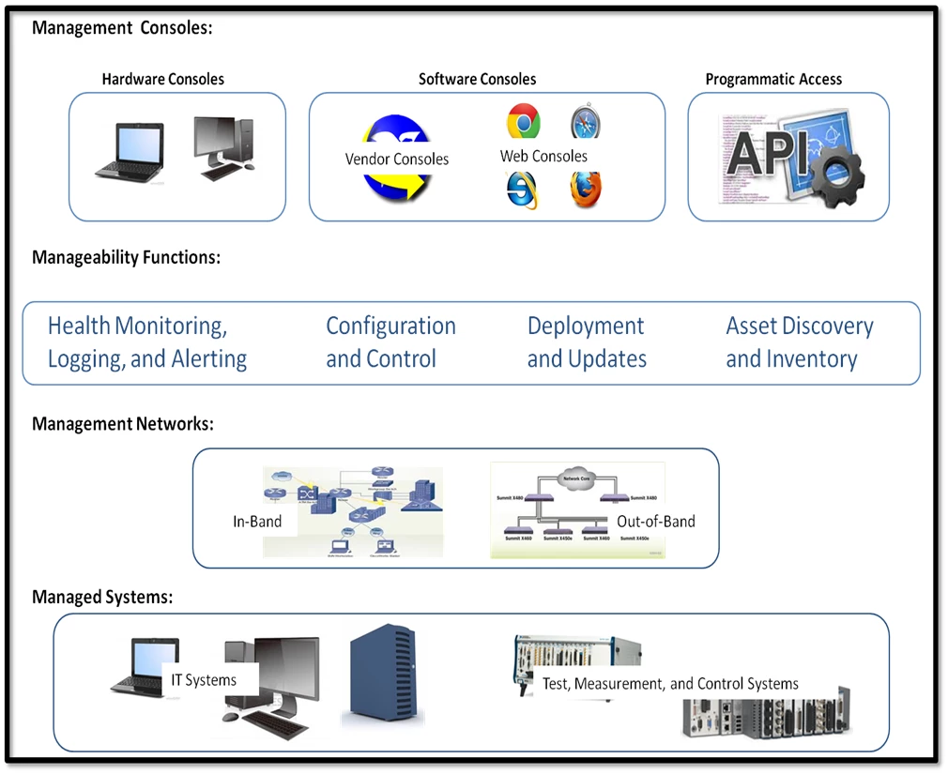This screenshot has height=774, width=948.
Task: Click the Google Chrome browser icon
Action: (x=523, y=122)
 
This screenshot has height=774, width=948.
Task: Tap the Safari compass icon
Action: (x=586, y=123)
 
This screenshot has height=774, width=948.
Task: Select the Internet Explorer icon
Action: (x=522, y=190)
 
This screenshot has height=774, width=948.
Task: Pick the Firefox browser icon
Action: (x=586, y=190)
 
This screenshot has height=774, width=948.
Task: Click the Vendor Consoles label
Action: (x=396, y=159)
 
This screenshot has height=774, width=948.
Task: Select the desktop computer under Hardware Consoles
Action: (x=222, y=148)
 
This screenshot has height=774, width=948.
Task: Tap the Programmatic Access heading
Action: (x=773, y=80)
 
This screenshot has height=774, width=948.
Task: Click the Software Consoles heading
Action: (x=477, y=80)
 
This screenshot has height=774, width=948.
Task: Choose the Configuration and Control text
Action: (x=390, y=342)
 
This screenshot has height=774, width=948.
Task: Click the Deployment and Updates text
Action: (x=587, y=342)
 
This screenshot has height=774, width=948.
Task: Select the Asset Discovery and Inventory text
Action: (x=799, y=342)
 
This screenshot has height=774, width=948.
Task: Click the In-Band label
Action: (x=257, y=521)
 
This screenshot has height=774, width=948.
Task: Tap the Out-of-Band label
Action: (x=655, y=521)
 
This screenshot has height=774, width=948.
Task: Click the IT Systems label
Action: (x=204, y=679)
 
